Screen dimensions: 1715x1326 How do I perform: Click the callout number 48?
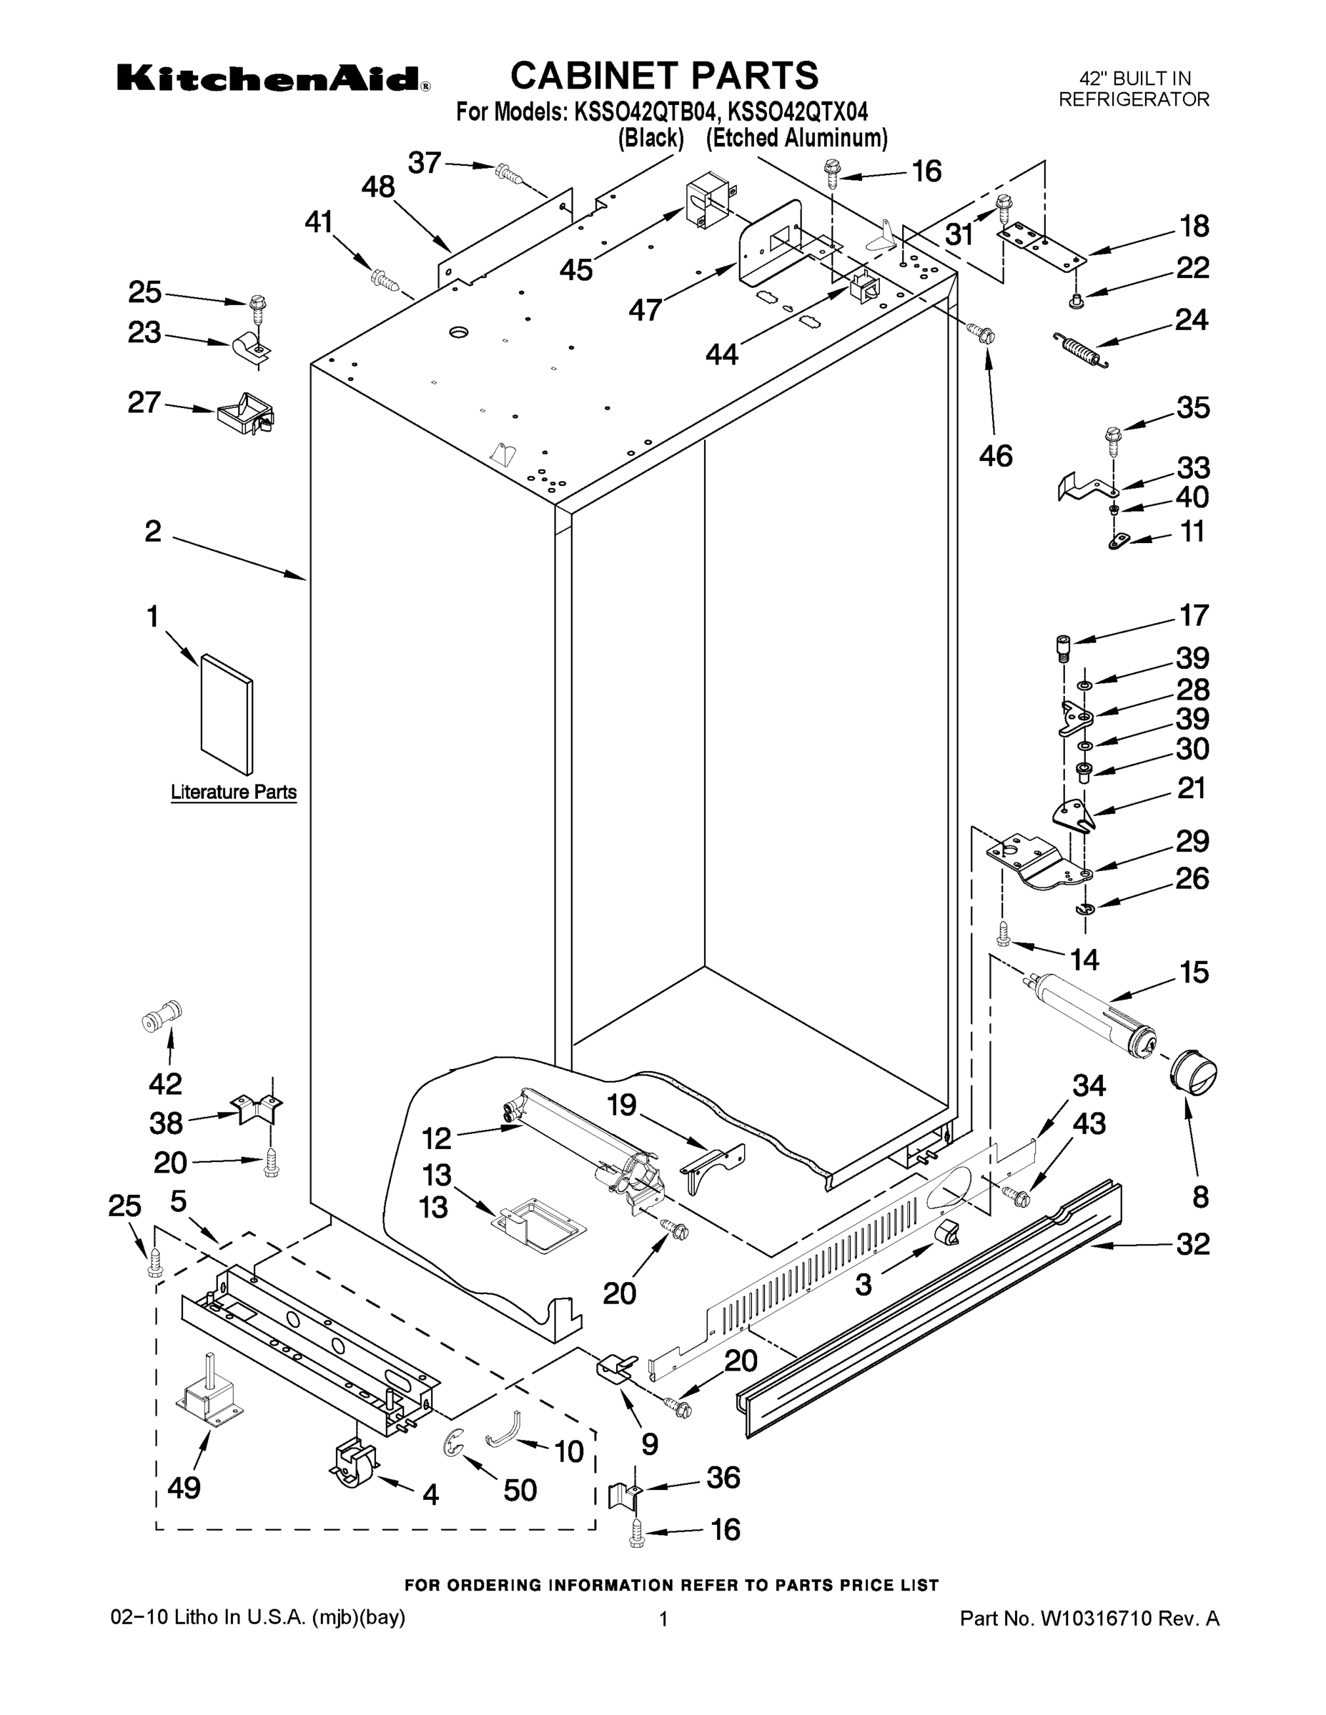coord(378,188)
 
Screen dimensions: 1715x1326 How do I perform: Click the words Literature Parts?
coord(234,792)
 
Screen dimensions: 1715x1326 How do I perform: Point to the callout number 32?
coord(1192,1245)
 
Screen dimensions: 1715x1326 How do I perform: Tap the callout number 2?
coord(153,532)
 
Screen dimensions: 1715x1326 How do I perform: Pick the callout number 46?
coord(996,456)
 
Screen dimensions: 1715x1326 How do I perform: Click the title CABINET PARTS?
coord(665,76)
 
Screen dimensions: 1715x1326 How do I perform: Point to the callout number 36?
coord(723,1477)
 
